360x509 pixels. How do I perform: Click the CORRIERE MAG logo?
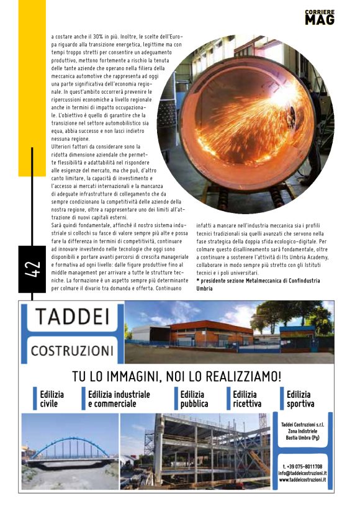320,17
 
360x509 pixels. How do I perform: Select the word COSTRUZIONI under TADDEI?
71,350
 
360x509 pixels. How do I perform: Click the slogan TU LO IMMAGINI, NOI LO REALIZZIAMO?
177,376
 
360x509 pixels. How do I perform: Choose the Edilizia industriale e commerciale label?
119,399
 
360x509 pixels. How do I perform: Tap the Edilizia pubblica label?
194,399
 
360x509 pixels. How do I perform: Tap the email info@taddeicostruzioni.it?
302,473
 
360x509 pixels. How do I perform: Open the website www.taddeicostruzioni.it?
302,480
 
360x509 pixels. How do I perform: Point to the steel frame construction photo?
196,450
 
